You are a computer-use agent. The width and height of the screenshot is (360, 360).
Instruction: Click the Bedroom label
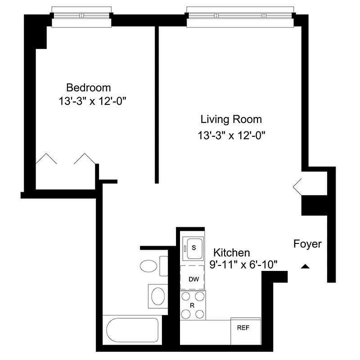88,87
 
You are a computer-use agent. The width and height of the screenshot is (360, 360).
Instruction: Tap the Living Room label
231,120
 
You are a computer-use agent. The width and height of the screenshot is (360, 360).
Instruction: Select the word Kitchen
231,252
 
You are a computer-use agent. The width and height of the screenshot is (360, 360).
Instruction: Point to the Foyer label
307,244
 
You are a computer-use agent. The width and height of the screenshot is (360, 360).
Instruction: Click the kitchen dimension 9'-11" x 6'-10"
242,265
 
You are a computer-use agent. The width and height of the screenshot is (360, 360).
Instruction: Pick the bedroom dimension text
91,101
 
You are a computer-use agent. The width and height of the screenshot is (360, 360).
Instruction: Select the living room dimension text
229,135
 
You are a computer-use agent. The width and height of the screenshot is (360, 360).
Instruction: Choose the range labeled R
193,305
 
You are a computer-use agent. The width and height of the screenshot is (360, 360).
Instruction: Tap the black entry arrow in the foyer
305,267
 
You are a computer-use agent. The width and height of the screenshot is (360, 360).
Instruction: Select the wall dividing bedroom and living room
157,103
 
